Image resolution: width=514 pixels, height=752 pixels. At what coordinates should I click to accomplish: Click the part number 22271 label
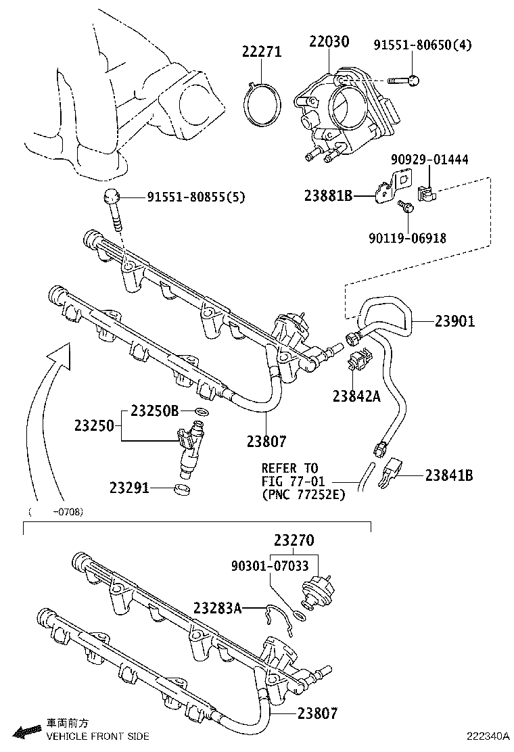[262, 52]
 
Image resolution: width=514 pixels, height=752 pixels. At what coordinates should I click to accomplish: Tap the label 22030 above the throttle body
[329, 43]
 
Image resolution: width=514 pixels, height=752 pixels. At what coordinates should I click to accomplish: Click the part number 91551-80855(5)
[196, 197]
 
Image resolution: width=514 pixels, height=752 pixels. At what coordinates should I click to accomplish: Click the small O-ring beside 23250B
[200, 412]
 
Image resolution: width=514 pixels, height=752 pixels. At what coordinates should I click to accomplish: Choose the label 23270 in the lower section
[294, 540]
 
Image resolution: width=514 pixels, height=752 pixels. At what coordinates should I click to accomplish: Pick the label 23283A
[217, 607]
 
